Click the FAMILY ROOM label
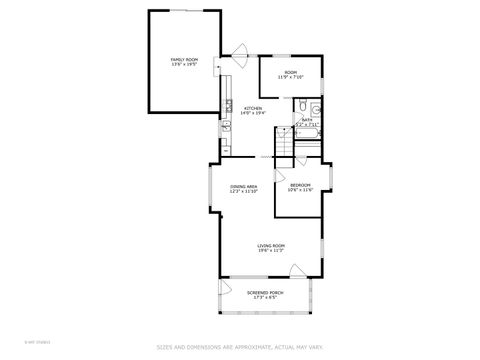click(184, 60)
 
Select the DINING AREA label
click(244, 186)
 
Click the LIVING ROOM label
click(271, 245)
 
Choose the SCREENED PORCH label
click(265, 292)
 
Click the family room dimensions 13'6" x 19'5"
click(184, 66)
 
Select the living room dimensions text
click(271, 251)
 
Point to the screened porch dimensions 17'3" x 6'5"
click(265, 298)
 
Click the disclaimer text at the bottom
click(240, 348)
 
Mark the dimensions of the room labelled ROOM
click(290, 78)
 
